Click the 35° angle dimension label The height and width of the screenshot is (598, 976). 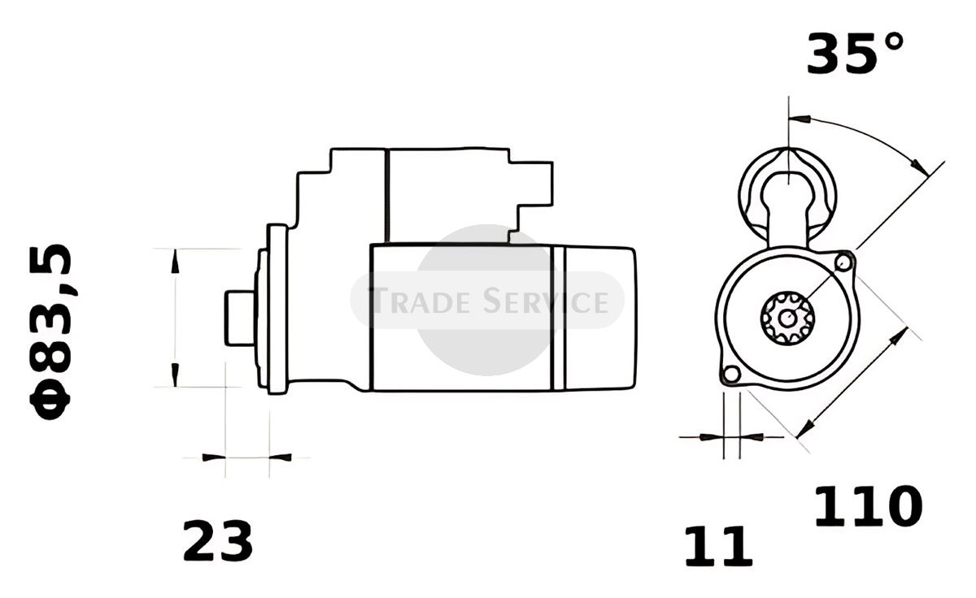[x=855, y=53]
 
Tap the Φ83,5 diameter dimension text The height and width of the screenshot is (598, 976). [x=50, y=331]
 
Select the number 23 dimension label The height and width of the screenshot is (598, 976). [x=217, y=540]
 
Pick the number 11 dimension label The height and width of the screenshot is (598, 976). [x=718, y=546]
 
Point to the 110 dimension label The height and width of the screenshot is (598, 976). [x=868, y=506]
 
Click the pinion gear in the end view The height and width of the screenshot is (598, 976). [x=787, y=318]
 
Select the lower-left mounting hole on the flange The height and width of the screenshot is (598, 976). [x=731, y=374]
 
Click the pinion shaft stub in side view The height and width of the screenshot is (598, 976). [x=240, y=318]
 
